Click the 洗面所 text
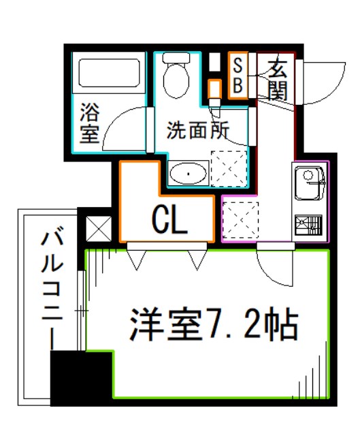tap(197, 128)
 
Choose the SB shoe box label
tap(238, 76)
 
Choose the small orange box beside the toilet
tap(214, 89)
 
